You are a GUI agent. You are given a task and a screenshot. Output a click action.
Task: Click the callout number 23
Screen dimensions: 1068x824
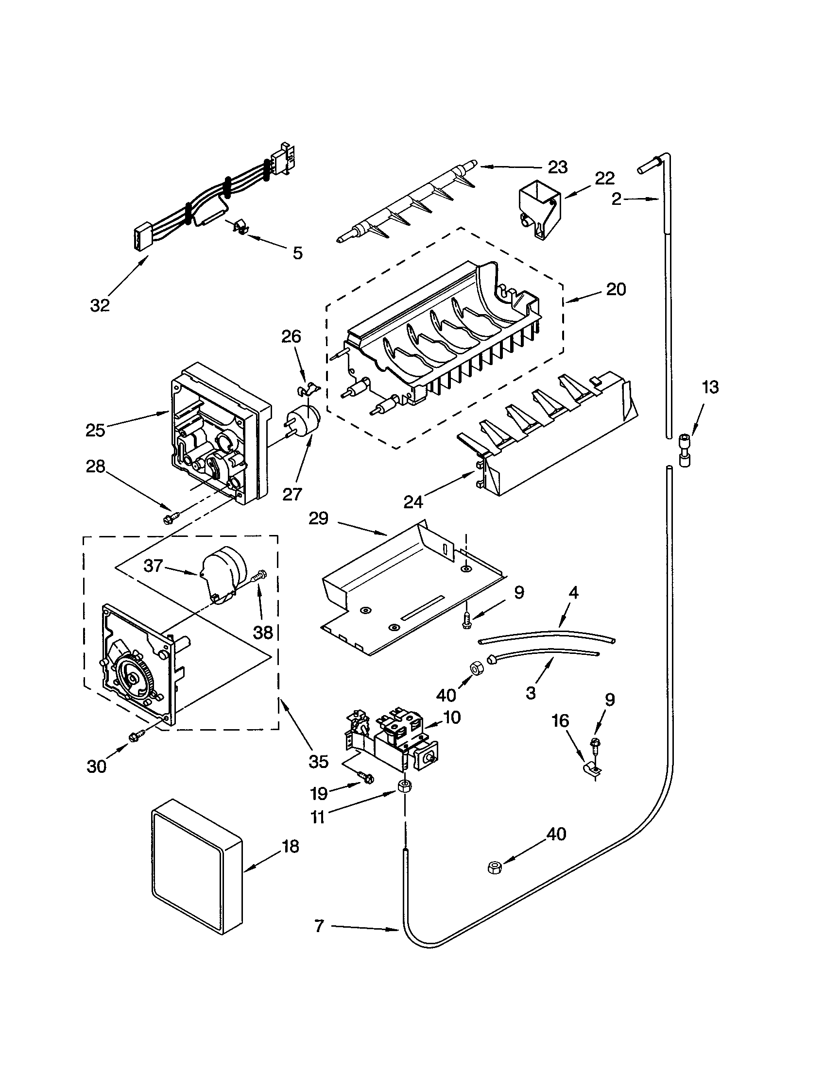(557, 167)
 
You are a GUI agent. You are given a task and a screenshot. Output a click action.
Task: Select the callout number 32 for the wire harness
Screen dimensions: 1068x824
(100, 305)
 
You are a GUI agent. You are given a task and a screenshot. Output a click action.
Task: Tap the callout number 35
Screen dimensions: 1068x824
(318, 761)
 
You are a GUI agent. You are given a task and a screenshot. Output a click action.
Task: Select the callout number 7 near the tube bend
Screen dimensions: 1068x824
(319, 925)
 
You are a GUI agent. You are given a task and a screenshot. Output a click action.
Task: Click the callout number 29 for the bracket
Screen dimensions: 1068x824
(318, 518)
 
